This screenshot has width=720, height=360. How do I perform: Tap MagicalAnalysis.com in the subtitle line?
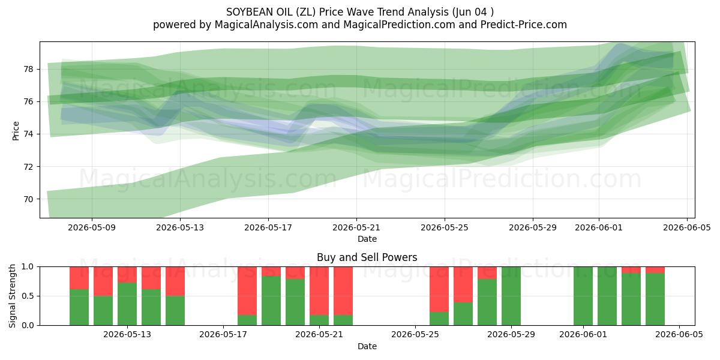point(266,25)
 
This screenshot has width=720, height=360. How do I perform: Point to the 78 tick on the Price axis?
point(29,69)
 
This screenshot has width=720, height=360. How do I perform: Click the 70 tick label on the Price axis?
point(29,199)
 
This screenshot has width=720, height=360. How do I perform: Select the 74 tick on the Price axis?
point(29,134)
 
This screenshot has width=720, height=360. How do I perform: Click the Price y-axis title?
point(16,131)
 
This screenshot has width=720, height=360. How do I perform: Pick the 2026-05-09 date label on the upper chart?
point(92,227)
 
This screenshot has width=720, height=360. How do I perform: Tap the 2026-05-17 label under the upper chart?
point(268,227)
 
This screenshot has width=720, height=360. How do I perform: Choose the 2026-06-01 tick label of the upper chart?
point(599,227)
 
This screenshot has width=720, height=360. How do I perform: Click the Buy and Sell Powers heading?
point(367,257)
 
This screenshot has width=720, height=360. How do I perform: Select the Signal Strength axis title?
point(12,296)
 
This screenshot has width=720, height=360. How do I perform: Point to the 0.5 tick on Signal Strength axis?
point(28,296)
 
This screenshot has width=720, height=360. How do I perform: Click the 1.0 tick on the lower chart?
point(28,266)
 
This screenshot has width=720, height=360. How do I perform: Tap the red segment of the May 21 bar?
point(319,291)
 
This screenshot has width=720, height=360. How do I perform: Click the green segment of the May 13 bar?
point(127,304)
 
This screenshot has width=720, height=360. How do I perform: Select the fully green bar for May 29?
point(511,296)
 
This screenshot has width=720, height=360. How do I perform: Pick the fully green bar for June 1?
point(583,296)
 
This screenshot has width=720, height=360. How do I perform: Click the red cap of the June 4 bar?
point(655,270)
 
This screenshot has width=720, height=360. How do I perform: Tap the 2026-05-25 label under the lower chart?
point(415,335)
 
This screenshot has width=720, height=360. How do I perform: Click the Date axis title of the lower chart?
point(367,346)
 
